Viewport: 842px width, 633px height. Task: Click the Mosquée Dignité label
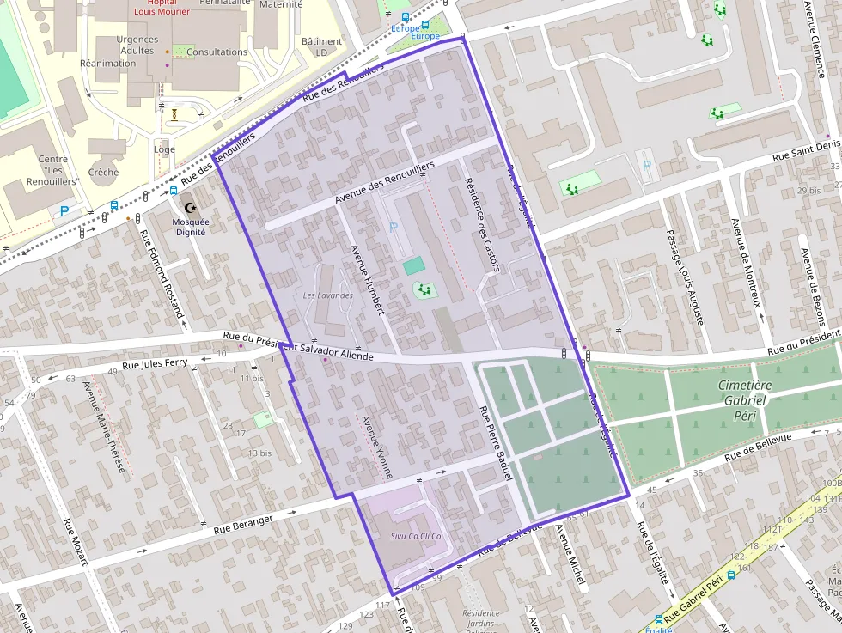(x=190, y=226)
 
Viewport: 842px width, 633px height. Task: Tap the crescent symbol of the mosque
(x=190, y=208)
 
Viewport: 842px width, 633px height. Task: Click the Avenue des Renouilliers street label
(x=385, y=181)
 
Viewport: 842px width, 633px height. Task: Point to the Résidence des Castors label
(x=481, y=224)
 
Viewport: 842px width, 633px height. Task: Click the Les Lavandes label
(x=328, y=295)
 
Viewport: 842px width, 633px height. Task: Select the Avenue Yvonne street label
(x=378, y=447)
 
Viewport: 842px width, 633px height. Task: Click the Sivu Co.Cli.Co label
(x=416, y=536)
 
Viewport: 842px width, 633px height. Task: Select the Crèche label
(x=103, y=172)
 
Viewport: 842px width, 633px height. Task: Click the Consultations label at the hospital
(x=217, y=52)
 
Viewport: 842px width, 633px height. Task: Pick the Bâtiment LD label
(x=321, y=46)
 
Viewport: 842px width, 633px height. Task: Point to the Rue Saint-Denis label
(x=805, y=152)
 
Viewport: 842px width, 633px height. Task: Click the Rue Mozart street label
(x=75, y=541)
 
